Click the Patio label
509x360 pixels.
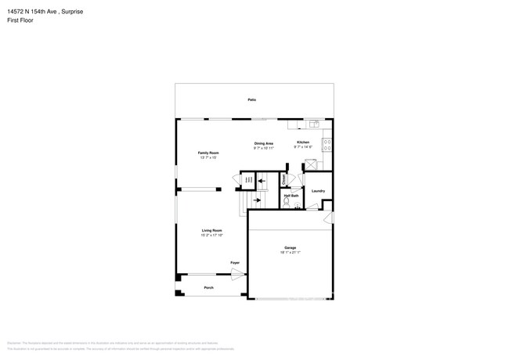pos(252,100)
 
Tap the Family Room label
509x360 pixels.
pos(208,153)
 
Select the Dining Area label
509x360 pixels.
pos(263,143)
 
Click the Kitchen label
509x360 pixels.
pos(303,142)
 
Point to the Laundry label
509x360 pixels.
pos(318,191)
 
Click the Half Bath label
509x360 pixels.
pos(291,196)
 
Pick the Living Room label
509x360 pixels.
pos(212,230)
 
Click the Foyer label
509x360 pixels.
pos(234,262)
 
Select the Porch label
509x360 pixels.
pos(209,288)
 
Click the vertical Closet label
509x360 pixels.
pos(283,179)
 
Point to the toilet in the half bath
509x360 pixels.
pos(287,203)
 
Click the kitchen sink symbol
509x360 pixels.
pos(315,123)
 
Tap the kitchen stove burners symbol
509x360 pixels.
pos(327,145)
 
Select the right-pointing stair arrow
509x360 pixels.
pos(257,200)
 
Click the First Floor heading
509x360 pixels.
pos(16,21)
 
